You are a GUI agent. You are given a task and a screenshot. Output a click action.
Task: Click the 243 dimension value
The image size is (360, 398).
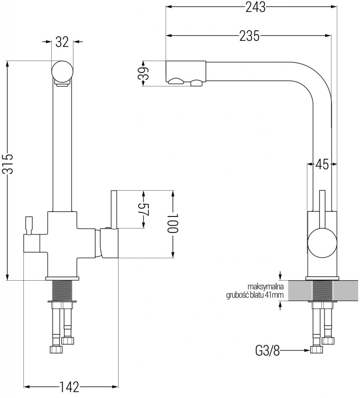[x=256, y=7]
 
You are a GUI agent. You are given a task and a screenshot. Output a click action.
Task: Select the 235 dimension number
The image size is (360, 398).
[x=249, y=36]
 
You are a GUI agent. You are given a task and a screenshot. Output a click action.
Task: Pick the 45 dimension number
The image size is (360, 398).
[x=322, y=164]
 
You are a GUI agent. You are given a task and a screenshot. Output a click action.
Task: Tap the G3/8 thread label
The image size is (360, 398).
[x=267, y=351]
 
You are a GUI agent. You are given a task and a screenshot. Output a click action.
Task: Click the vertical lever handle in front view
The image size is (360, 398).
[x=114, y=210]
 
